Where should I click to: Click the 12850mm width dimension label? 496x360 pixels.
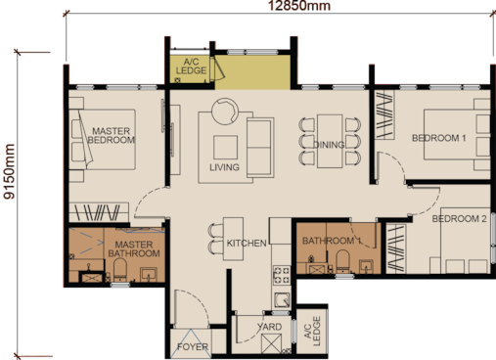pos(299,6)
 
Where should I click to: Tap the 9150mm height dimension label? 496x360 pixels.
pos(9,171)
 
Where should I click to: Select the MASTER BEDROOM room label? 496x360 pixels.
pos(112,136)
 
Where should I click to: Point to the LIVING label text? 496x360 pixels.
pos(224,167)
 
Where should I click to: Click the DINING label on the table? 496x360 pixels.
pos(329,145)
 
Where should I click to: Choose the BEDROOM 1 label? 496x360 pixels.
pos(439,138)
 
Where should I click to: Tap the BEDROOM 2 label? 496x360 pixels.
pos(460,219)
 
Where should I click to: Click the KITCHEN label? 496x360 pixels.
pos(247,244)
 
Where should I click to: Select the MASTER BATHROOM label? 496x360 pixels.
pos(134,249)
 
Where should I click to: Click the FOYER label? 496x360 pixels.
pos(193,347)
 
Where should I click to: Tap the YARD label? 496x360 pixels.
pos(269,327)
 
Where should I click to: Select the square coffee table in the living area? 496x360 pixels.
pos(225,148)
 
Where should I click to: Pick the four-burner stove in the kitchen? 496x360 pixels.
pos(282,275)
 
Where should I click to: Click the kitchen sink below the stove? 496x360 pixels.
pos(282,300)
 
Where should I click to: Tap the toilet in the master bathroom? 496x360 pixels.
pos(120,270)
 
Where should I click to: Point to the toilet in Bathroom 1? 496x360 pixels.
pos(342,261)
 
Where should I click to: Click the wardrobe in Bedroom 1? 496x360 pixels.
pos(383,114)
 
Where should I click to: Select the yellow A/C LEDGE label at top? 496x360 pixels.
pos(191,67)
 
